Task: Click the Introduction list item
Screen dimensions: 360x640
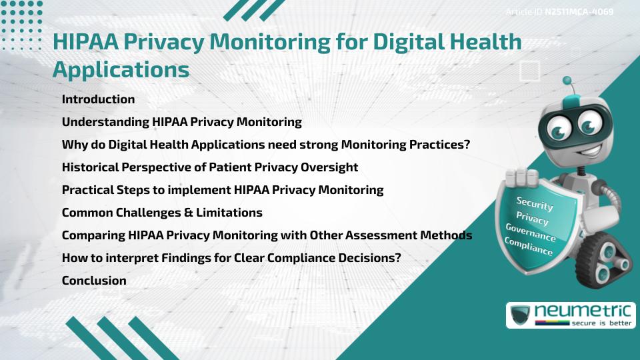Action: tap(98, 99)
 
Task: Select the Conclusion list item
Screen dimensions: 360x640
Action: tap(94, 281)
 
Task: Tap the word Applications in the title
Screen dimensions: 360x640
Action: tap(121, 69)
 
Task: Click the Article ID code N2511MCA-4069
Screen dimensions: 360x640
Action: tap(579, 11)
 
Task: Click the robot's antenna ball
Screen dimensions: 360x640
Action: tap(568, 81)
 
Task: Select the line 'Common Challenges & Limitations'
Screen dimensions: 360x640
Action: tap(162, 213)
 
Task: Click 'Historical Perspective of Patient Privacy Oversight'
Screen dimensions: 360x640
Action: tap(210, 167)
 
